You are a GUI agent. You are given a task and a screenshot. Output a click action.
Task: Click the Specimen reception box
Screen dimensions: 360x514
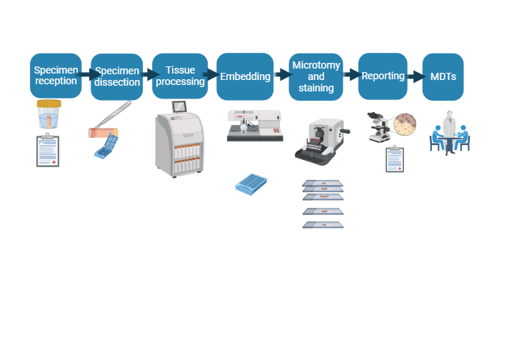[55, 76]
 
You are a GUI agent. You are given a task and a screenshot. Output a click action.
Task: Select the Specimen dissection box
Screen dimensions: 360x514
[117, 76]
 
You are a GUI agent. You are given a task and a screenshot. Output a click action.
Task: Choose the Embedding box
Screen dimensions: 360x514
[245, 76]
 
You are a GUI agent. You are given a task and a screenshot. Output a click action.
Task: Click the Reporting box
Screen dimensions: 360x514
[383, 76]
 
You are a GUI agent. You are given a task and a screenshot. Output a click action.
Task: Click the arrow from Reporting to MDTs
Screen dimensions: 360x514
[415, 76]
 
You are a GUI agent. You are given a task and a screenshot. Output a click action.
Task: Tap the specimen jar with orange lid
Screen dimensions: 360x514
[48, 114]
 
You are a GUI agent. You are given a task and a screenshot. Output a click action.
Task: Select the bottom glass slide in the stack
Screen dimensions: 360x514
[323, 225]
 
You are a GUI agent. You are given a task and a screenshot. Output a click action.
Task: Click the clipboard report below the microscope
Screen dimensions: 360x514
[394, 159]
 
